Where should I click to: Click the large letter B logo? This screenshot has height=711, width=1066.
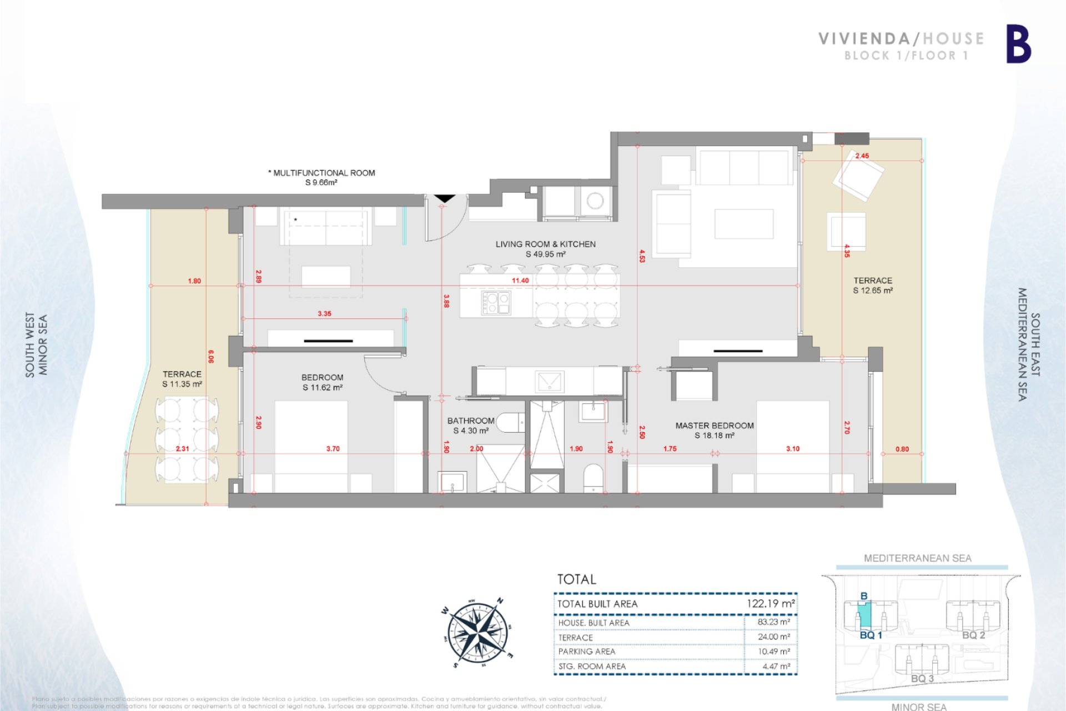tap(1018, 44)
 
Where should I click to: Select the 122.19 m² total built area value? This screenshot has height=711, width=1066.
tap(770, 603)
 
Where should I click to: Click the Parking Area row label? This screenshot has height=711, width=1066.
tap(586, 652)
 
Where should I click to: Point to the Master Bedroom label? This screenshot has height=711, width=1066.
tap(714, 430)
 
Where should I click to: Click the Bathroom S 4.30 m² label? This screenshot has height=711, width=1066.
tap(470, 425)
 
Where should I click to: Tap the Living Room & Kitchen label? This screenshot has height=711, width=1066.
tap(545, 249)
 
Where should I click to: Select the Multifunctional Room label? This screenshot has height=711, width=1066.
tap(322, 177)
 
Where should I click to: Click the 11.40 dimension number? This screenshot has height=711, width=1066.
tap(520, 281)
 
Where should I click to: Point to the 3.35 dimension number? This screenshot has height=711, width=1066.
tap(324, 314)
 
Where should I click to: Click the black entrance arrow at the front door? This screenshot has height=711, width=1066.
tap(444, 198)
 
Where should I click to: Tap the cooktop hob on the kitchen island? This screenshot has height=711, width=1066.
tap(496, 303)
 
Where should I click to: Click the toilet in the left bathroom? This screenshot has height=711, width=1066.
tap(510, 423)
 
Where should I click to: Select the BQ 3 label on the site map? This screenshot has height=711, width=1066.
tap(922, 678)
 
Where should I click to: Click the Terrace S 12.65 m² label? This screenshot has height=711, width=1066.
tap(873, 286)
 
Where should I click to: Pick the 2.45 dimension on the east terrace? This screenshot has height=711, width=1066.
tap(862, 156)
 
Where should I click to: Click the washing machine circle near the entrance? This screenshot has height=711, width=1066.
tap(595, 200)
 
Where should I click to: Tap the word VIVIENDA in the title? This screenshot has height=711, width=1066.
tap(864, 39)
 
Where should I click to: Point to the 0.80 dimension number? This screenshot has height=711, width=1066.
tap(902, 449)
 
